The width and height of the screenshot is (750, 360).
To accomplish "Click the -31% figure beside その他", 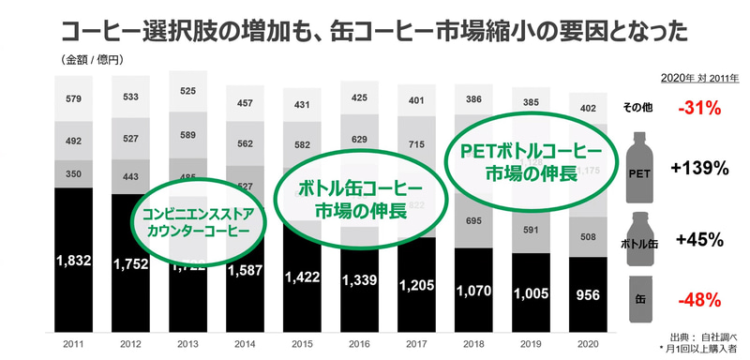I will [x=699, y=108].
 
